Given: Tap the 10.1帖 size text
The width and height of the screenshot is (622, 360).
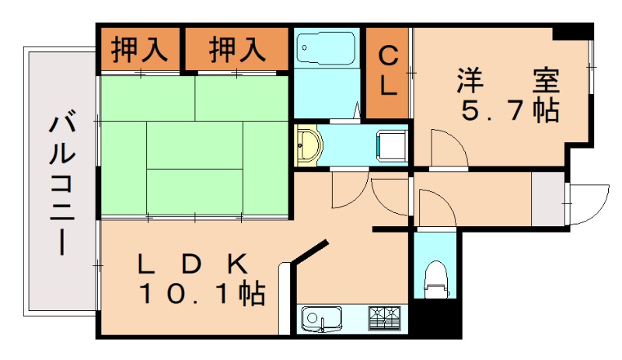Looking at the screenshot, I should [x=201, y=294].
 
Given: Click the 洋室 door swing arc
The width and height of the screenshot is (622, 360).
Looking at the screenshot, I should [x=446, y=148].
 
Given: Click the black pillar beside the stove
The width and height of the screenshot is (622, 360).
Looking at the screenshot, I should [x=425, y=318].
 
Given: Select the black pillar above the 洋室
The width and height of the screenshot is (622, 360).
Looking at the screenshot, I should [x=572, y=32].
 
